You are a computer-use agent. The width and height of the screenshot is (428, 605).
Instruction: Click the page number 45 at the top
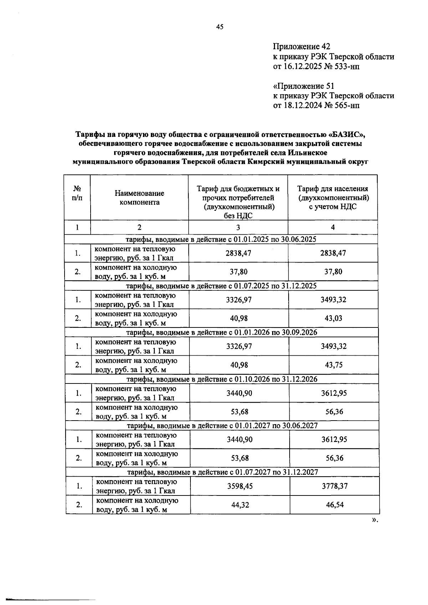tap(219, 26)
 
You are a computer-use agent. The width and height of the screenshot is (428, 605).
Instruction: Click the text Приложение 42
tap(301, 46)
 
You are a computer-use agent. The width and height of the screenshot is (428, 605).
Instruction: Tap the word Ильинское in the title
tap(310, 153)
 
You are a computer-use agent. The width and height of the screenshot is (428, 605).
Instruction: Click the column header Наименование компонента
tap(139, 198)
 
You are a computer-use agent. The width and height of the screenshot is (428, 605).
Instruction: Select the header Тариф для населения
tap(333, 189)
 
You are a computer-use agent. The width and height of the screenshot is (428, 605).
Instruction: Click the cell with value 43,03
tap(333, 318)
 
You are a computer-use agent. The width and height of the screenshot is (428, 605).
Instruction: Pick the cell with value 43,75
tap(333, 365)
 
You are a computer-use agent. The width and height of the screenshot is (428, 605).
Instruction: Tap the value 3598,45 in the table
tap(240, 486)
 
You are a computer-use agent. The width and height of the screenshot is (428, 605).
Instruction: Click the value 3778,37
tap(334, 486)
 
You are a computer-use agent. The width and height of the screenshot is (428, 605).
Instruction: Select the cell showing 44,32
tap(240, 504)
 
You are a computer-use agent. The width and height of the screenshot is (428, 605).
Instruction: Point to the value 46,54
tap(334, 504)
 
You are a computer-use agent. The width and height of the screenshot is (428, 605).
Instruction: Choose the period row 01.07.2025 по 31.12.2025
tap(221, 286)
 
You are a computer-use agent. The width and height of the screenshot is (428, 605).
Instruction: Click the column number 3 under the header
tap(238, 228)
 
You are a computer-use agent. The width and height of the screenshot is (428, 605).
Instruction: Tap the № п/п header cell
tap(77, 193)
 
